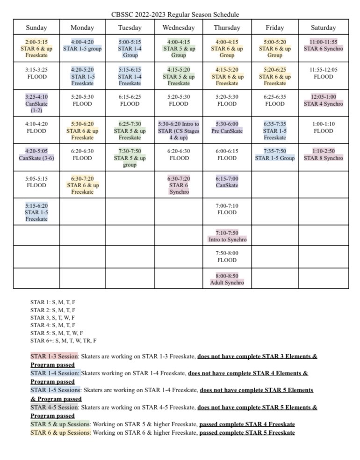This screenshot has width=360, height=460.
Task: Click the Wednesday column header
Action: [x=178, y=28]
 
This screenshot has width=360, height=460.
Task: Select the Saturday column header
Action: [x=323, y=28]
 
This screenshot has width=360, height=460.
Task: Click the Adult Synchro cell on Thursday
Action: [x=227, y=279]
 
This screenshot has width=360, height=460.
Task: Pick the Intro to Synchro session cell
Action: [x=227, y=236]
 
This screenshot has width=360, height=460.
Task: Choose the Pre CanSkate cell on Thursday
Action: [x=227, y=128]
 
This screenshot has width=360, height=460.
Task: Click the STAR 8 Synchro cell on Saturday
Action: [x=323, y=155]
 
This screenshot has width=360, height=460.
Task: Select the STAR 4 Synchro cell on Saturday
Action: [x=323, y=101]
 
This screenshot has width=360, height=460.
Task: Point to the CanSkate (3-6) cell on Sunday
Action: [x=37, y=155]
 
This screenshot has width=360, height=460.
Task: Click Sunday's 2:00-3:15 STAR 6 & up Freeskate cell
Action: [x=37, y=49]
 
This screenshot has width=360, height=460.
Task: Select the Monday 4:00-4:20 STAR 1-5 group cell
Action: [x=82, y=45]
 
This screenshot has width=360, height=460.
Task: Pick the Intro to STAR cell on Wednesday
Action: [x=178, y=131]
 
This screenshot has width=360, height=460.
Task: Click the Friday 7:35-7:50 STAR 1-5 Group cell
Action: [x=275, y=155]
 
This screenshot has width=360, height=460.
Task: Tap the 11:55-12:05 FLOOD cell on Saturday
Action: [x=323, y=73]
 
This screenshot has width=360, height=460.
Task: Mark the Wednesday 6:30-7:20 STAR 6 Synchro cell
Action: [x=178, y=185]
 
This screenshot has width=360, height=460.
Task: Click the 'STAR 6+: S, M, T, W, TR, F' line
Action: [x=64, y=341]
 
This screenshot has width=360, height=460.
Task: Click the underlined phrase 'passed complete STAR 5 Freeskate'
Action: [x=247, y=432]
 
